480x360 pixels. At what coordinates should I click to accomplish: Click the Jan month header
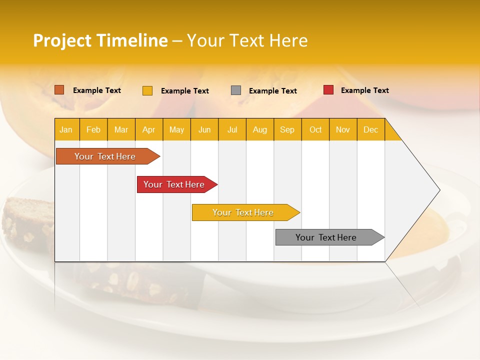[x=66, y=129]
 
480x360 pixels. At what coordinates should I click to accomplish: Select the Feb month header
[x=93, y=129]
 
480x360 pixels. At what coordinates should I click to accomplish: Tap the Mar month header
[x=121, y=129]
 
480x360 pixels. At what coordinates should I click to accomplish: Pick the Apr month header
[x=149, y=129]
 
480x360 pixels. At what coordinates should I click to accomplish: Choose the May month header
[x=176, y=129]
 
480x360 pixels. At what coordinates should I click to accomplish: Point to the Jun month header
[x=204, y=129]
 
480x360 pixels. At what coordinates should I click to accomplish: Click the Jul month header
[x=232, y=129]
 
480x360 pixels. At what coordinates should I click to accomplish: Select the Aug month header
[x=260, y=129]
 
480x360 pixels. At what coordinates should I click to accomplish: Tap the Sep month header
[x=287, y=129]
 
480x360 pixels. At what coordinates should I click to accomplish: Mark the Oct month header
[x=315, y=129]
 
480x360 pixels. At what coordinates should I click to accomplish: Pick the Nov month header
[x=343, y=129]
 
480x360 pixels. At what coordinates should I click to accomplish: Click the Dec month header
[x=371, y=129]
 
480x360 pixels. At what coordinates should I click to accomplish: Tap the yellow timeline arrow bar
[x=243, y=212]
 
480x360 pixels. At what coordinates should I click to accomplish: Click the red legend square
[x=328, y=90]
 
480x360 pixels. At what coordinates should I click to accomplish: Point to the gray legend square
[x=236, y=90]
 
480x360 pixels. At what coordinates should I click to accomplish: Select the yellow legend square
[x=147, y=90]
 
